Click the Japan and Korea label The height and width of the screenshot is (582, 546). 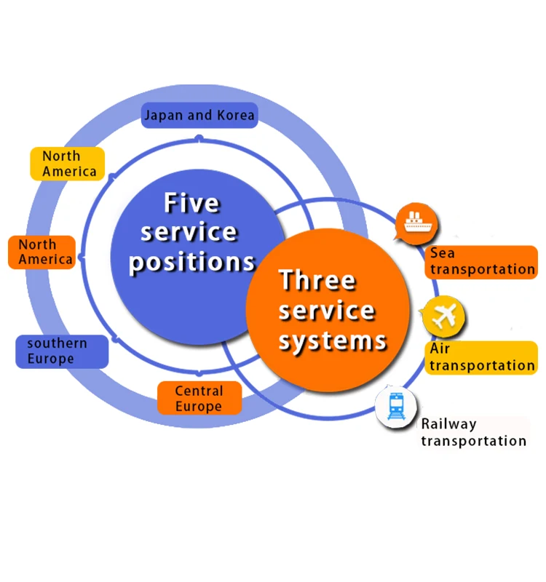199,115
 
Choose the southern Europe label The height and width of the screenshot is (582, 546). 61,351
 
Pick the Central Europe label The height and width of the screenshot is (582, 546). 199,399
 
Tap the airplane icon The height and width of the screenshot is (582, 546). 444,316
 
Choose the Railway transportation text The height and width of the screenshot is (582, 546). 473,432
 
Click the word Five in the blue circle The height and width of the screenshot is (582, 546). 191,203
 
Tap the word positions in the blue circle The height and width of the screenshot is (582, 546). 192,262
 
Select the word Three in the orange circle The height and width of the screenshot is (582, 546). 317,280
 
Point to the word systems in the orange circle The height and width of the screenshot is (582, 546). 333,340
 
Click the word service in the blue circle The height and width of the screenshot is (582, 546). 189,232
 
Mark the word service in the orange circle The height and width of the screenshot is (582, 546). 327,311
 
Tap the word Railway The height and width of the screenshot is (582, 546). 448,424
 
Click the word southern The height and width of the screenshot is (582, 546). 57,343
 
